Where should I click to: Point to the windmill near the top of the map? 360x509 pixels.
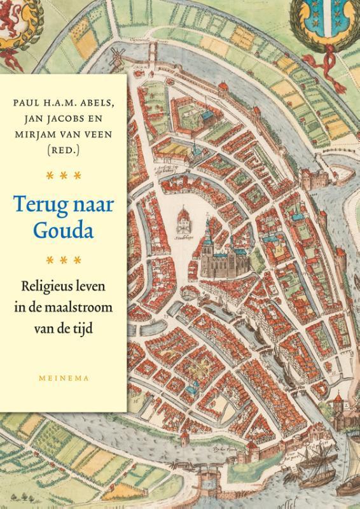pyautogui.click(x=116, y=56)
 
